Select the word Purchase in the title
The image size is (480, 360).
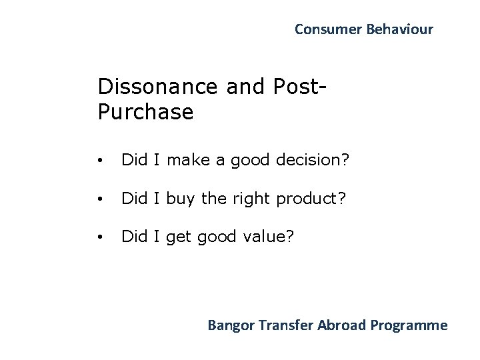(x=145, y=111)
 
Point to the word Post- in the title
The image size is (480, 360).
(x=301, y=86)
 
